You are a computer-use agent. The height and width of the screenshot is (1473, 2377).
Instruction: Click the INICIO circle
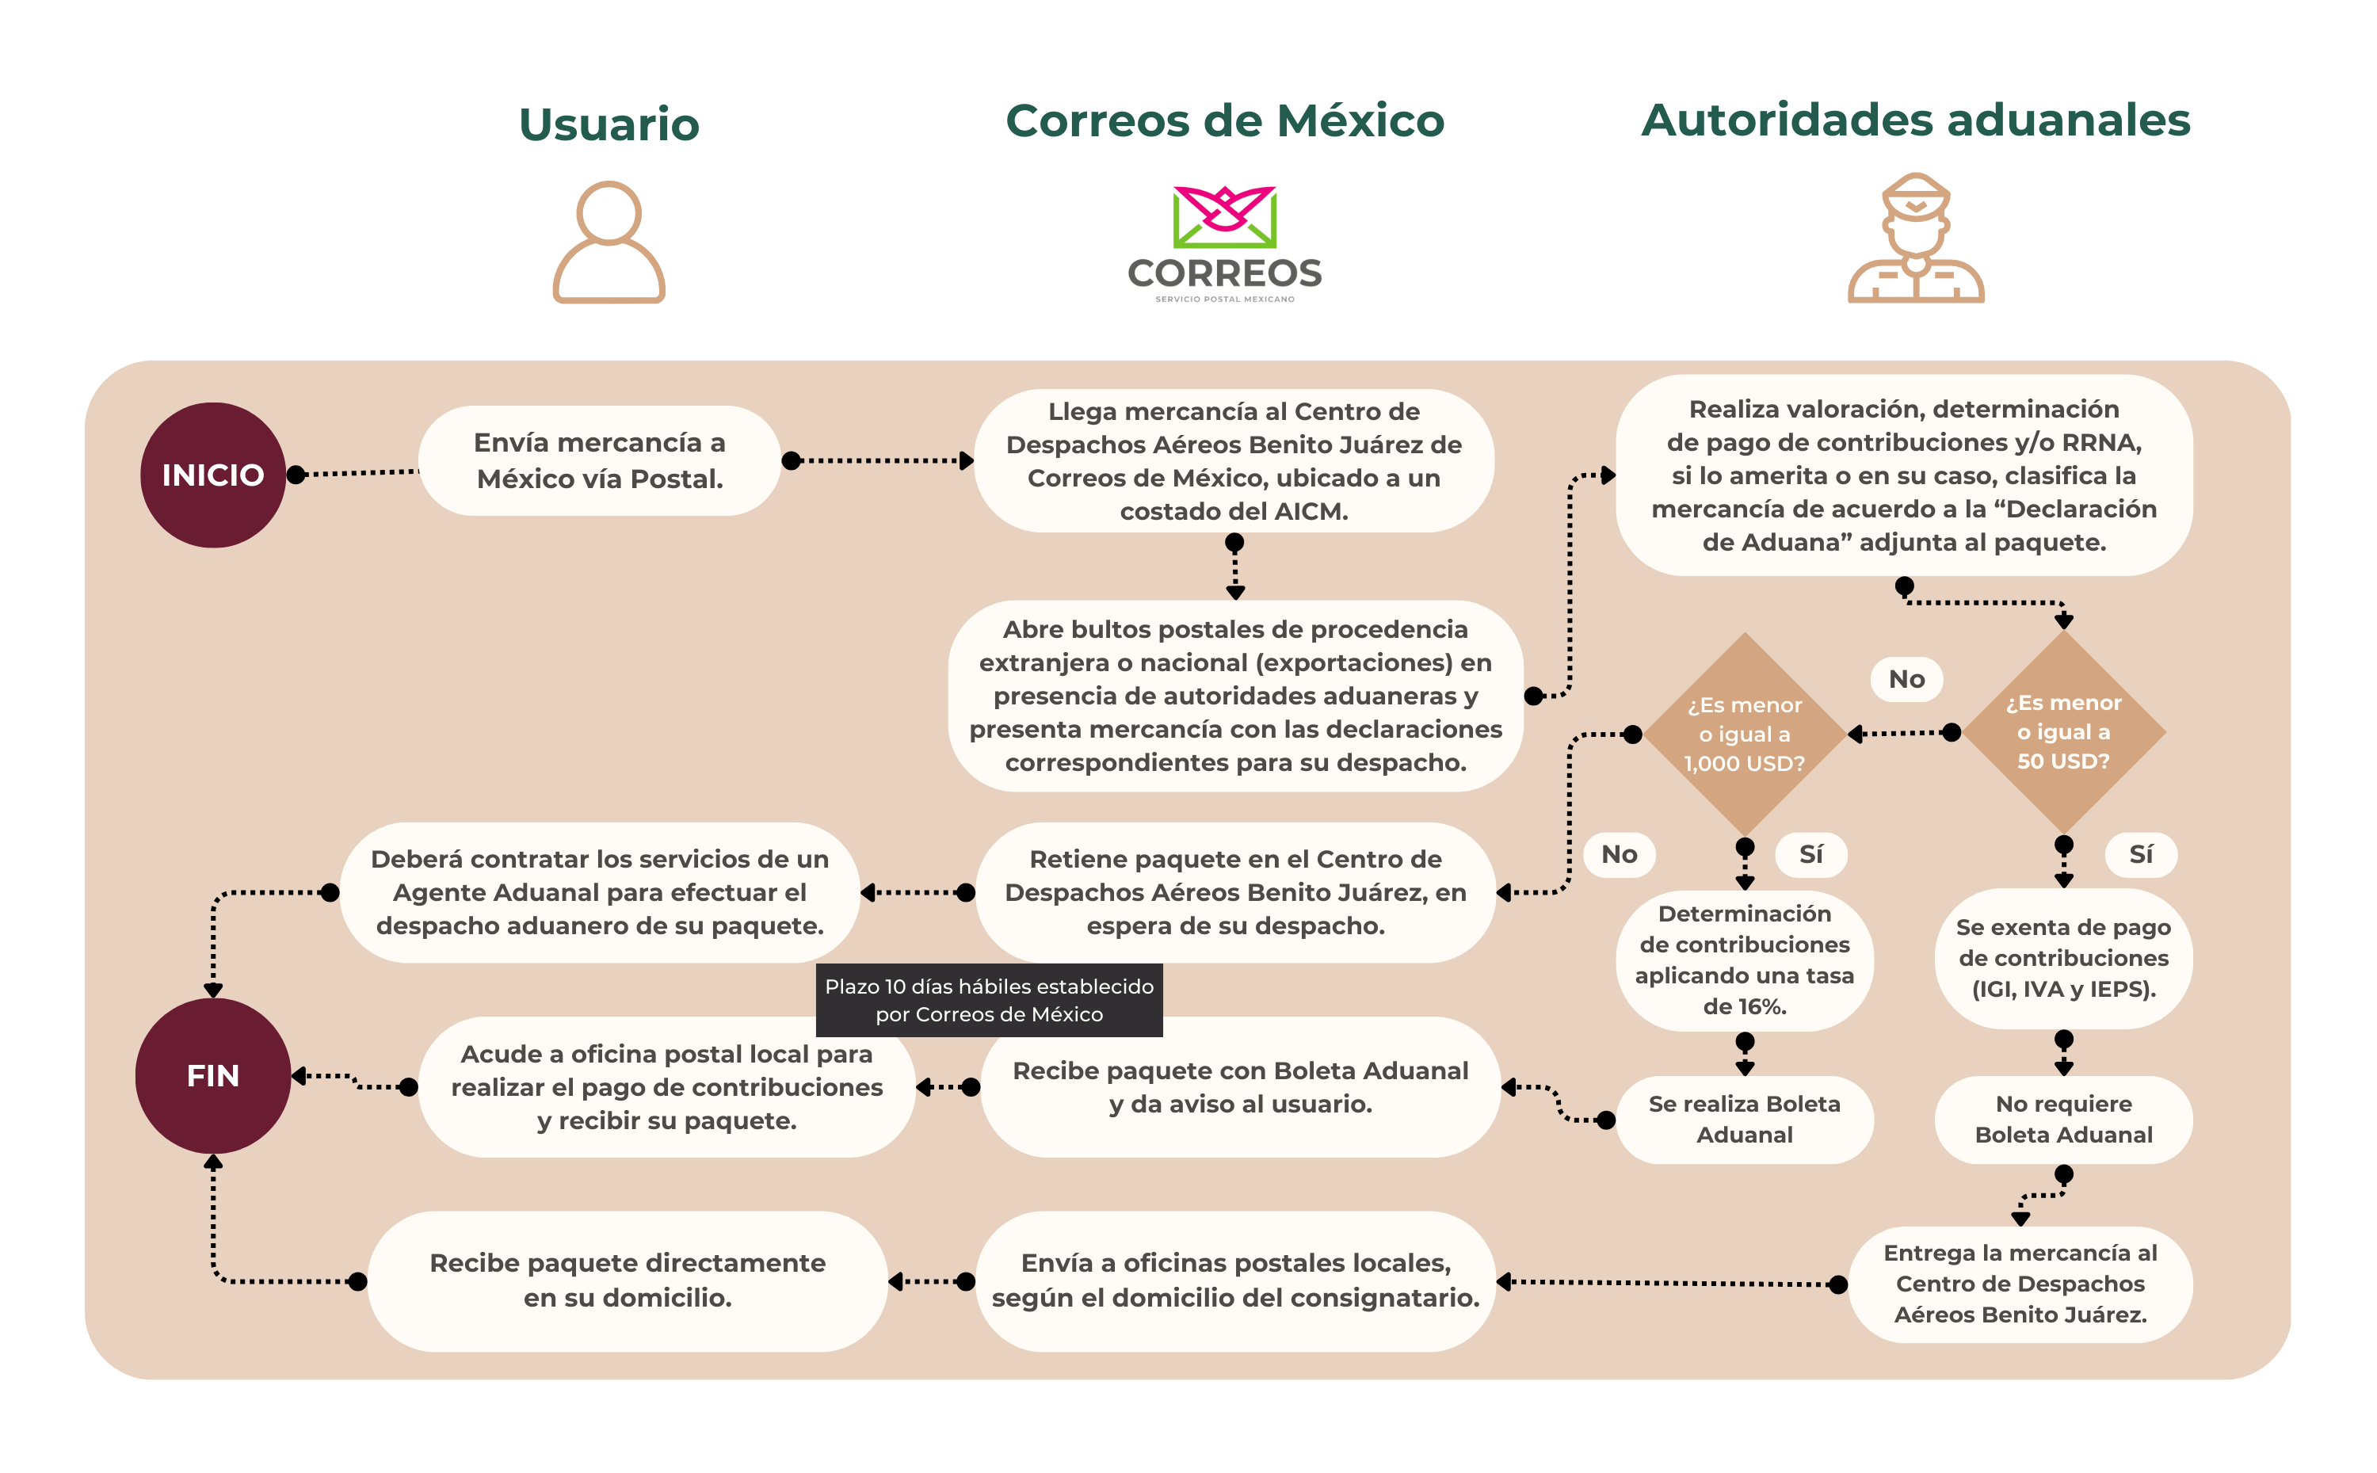212,475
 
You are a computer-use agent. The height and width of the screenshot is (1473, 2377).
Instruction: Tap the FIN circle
212,1075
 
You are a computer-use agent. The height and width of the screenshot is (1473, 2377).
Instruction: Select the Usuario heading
609,124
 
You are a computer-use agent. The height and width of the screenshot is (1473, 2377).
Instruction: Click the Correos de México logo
1224,243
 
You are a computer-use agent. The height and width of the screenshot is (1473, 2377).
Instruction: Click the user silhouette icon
609,242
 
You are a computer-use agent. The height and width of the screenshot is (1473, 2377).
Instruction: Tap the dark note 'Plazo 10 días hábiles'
989,1001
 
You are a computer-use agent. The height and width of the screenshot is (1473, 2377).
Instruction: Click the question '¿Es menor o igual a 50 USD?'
2062,731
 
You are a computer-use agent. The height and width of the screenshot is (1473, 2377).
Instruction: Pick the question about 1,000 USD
1744,734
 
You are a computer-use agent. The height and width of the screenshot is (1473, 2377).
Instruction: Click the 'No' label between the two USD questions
1906,679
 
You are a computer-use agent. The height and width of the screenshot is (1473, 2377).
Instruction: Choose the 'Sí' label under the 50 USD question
2140,854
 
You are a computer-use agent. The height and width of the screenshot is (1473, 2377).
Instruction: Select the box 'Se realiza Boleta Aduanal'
1744,1120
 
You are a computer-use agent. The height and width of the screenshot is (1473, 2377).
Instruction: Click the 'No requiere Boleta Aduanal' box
2062,1120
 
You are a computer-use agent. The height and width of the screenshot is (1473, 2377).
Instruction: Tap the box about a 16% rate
1744,960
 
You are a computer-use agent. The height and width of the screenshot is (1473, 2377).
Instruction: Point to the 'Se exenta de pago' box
2062,958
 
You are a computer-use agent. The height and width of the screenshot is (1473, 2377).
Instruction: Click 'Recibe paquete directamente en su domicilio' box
628,1280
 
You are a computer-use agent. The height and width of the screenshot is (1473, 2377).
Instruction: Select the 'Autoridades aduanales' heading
1915,120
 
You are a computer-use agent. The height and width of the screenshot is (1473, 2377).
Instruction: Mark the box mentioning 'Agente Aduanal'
599,892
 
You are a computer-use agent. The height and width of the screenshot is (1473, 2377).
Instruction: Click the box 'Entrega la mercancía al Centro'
2020,1283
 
